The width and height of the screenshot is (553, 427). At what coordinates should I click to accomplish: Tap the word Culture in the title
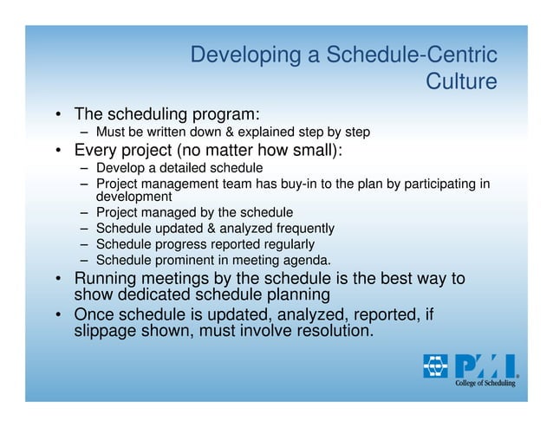tap(462, 83)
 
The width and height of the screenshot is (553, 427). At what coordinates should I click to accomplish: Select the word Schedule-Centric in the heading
tap(412, 57)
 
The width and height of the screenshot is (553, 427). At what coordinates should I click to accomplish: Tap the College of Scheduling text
tap(486, 383)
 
